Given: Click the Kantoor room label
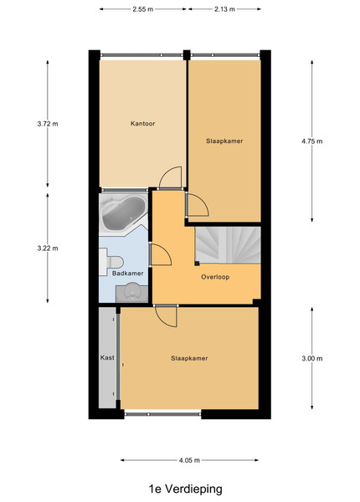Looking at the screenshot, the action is pos(142,123).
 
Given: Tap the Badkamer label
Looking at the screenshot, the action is pos(127,273).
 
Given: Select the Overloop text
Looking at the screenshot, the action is pos(215,277).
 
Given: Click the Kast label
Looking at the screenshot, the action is pos(107,357).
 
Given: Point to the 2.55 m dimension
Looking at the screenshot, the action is pos(143,9).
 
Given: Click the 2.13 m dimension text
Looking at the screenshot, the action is pos(224,9).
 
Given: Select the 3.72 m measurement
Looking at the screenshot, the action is pos(48,124).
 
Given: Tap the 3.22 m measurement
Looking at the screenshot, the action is pos(48,248).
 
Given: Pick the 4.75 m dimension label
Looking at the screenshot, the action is pos(312,141).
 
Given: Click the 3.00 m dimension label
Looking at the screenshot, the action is pos(312,358).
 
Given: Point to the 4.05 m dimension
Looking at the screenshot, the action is pos(189,460).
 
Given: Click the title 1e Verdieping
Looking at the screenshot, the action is pos(186,489).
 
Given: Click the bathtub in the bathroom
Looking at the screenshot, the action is pos(123,213).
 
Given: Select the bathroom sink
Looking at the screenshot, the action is pos(131,292).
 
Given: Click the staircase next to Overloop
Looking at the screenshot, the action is pos(228,245).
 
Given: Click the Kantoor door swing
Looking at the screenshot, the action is pos(170,177).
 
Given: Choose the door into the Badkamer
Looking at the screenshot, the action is pos(160,254).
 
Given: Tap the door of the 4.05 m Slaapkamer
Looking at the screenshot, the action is pos(166,315).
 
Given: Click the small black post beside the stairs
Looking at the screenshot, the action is pos(197,264).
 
